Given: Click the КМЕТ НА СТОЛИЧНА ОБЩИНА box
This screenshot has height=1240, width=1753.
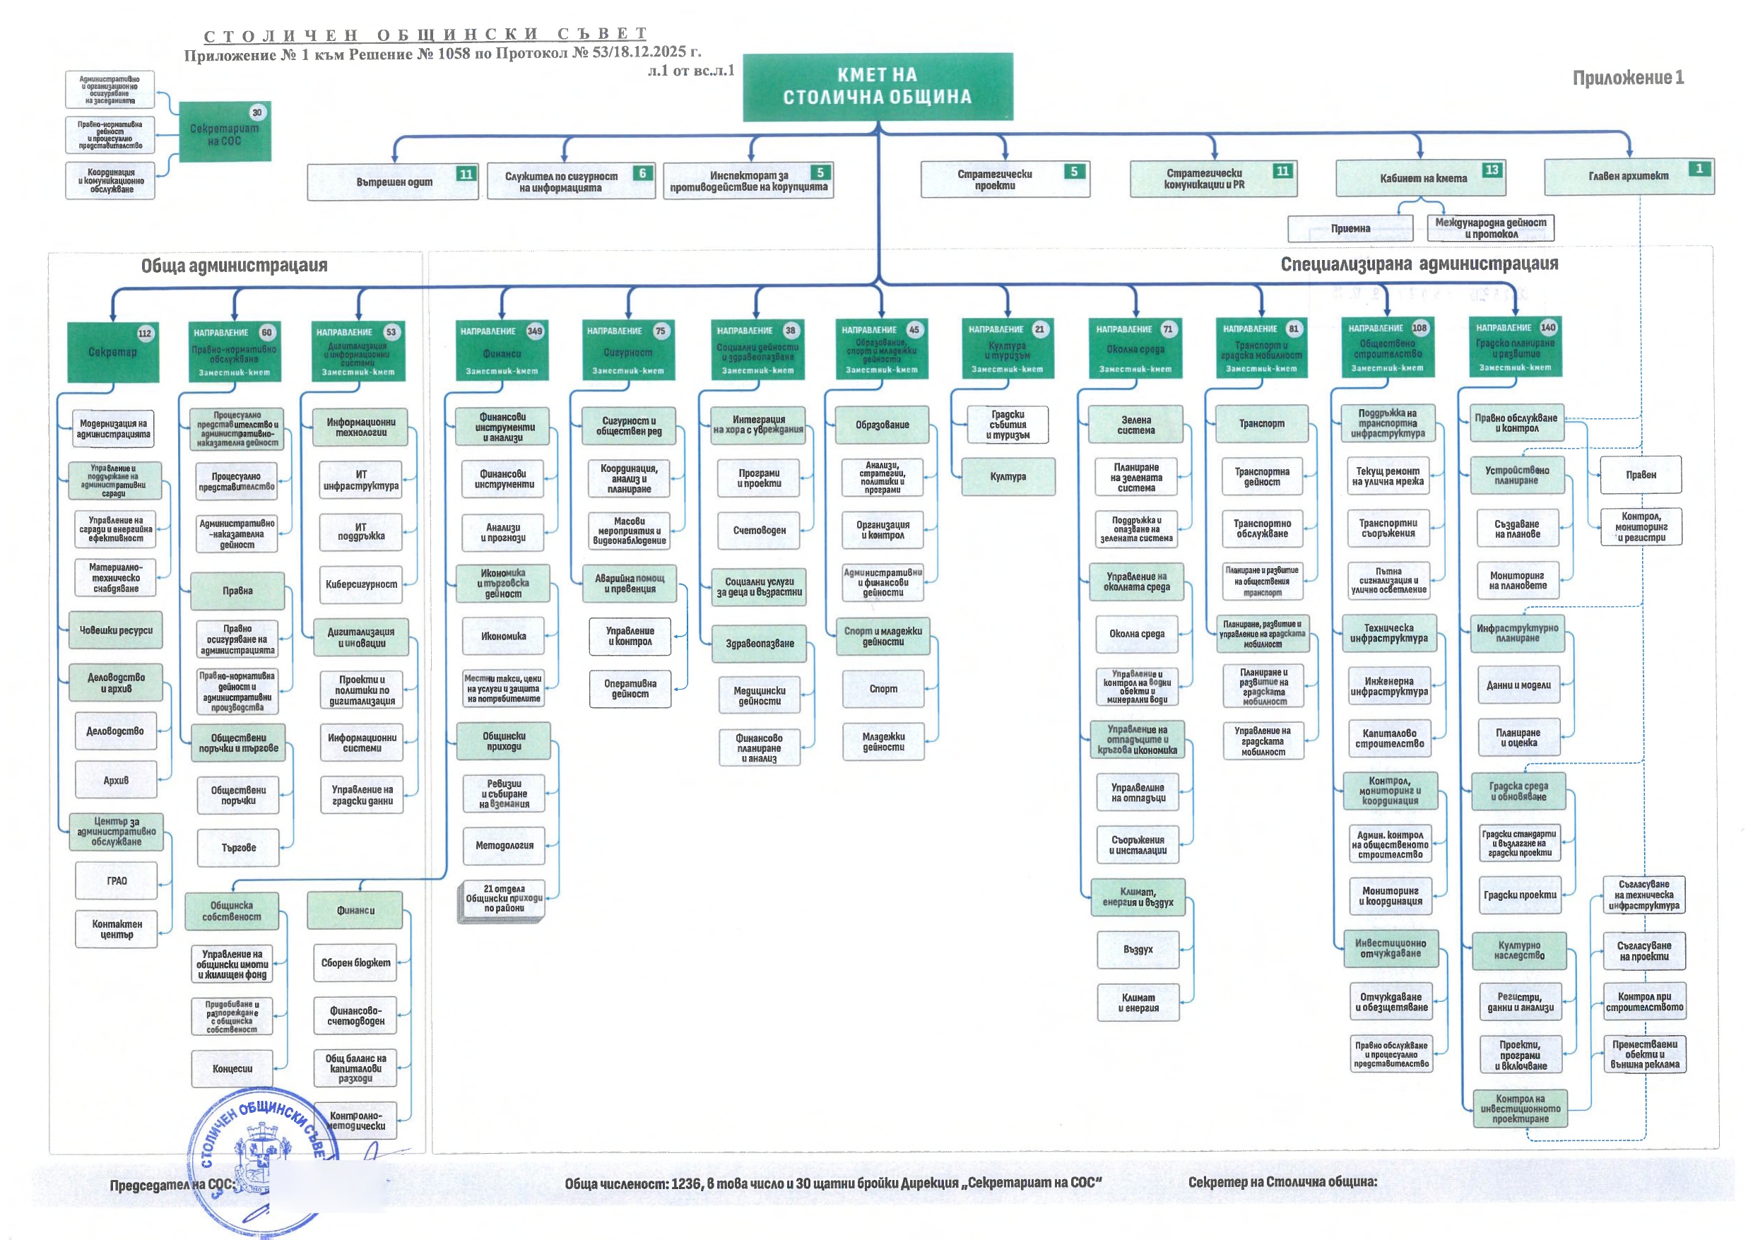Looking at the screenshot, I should point(878,86).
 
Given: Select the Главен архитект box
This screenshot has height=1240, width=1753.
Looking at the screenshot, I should point(1628,177).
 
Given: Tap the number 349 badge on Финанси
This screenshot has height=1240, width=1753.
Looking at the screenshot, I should point(534,331).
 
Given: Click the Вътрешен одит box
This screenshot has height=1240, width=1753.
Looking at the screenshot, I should point(392,182).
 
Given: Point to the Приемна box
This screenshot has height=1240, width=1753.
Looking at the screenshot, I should point(1350,228).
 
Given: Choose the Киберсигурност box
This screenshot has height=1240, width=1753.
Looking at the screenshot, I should point(361,585).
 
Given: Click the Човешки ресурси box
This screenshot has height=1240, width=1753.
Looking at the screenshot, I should point(116,631).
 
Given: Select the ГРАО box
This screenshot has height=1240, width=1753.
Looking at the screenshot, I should point(117,881).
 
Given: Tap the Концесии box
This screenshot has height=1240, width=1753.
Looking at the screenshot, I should point(232,1069).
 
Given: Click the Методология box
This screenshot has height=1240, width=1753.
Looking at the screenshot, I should point(504,846).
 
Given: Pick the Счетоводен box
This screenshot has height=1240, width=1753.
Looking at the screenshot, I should point(759,531).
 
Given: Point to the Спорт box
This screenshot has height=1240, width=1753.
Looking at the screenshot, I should point(883,689).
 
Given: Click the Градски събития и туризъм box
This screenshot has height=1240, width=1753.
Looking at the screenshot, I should point(1008,425).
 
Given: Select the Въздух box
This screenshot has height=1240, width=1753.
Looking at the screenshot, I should point(1138,950).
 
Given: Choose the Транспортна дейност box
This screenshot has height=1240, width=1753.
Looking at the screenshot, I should point(1262,477).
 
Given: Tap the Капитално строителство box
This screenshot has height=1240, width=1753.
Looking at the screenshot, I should point(1389,738).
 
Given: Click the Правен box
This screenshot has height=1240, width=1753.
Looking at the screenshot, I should point(1641,476).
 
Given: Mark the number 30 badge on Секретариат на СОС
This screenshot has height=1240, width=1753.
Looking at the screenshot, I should point(256,113).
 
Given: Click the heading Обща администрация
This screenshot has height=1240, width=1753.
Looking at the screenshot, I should point(234,266).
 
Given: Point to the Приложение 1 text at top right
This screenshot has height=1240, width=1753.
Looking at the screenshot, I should point(1628,78).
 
